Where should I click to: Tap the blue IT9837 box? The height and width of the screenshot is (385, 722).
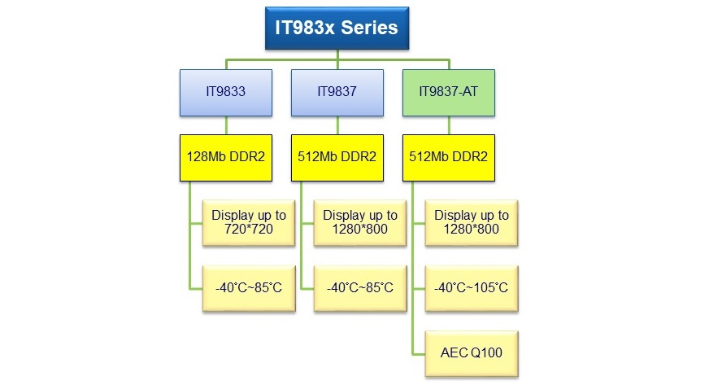[337, 92]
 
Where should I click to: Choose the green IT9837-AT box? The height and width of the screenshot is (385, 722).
[448, 92]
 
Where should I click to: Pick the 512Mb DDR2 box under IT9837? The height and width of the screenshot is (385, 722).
[337, 156]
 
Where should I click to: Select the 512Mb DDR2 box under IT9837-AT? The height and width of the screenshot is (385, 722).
[448, 156]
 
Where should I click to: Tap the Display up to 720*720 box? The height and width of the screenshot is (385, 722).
[249, 222]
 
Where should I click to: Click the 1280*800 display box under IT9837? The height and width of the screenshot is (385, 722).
[360, 222]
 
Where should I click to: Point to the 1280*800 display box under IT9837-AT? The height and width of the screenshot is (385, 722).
[472, 222]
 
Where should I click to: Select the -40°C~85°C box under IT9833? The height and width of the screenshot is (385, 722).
[249, 287]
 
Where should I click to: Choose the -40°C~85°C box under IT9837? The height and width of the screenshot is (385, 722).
[360, 287]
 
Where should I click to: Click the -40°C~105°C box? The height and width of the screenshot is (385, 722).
[472, 287]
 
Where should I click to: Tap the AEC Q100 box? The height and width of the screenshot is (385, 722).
[472, 352]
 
